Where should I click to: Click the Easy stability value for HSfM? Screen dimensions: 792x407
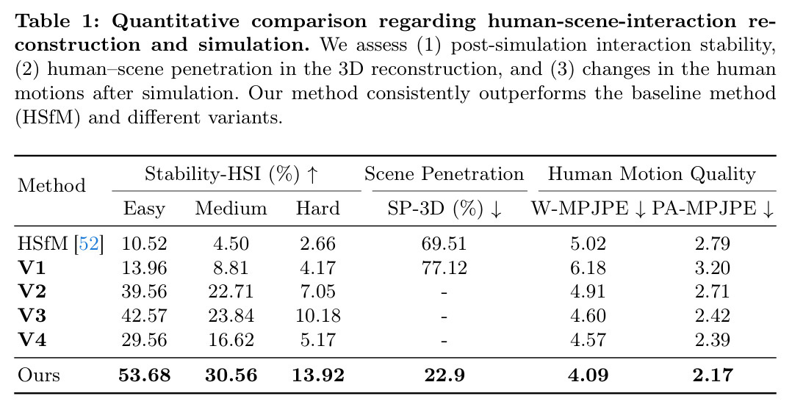(144, 243)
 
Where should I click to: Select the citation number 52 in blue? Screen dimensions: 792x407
(88, 243)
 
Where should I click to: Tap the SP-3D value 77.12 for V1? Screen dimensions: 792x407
(444, 267)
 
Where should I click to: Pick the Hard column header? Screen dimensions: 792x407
(317, 208)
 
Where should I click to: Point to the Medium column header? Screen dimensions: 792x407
(231, 208)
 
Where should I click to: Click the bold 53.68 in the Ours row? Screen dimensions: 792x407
(145, 375)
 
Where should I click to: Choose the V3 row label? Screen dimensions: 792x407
(32, 316)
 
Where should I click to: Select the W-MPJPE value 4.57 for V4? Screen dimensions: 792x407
(588, 340)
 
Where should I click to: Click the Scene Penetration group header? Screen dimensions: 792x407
(444, 174)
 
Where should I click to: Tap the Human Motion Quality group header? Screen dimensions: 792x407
(652, 174)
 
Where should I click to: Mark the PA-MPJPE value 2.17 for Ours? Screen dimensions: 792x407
(712, 375)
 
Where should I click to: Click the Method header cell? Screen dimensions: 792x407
(51, 185)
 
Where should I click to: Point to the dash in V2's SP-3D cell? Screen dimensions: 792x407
(444, 292)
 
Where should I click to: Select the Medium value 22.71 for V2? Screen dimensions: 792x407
(231, 292)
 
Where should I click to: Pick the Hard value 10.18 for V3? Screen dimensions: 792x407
(317, 316)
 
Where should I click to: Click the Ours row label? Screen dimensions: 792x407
(38, 375)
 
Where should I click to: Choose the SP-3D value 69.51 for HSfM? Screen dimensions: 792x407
(444, 243)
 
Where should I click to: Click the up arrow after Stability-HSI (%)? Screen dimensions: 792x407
(313, 175)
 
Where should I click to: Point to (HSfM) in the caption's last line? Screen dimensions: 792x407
(48, 118)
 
